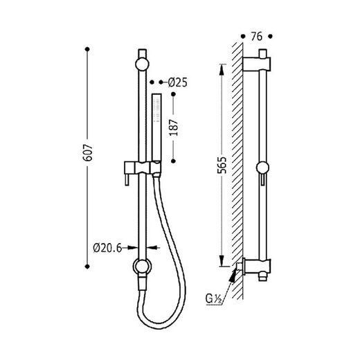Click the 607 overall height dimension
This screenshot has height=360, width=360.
(x=88, y=152)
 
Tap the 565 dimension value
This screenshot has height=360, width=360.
(x=223, y=165)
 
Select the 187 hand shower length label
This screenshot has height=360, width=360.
(x=174, y=127)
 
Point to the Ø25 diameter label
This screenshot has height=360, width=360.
(x=178, y=82)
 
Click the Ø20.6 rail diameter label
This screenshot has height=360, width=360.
(x=107, y=248)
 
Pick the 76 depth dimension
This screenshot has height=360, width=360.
(x=257, y=37)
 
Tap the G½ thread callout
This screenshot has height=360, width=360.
(x=214, y=299)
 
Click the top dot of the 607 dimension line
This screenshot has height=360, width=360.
(x=87, y=49)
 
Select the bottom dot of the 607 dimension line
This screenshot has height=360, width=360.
(x=87, y=267)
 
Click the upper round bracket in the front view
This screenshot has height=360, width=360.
(x=142, y=64)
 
